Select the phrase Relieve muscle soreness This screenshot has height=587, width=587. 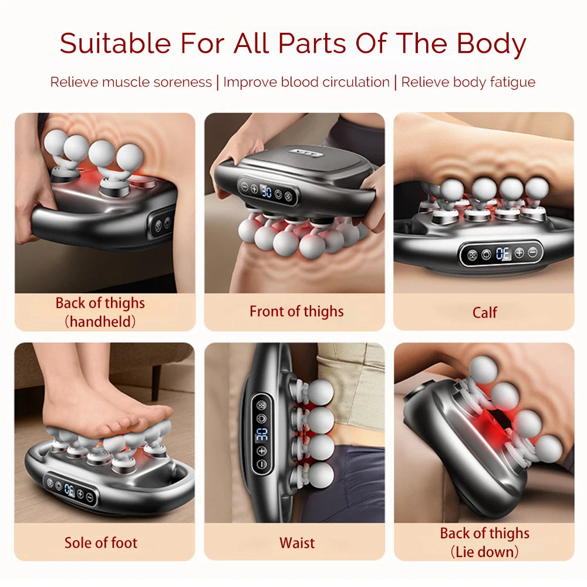click(x=130, y=82)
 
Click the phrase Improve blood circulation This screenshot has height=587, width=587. click(x=306, y=82)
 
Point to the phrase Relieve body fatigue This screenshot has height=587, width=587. click(x=468, y=82)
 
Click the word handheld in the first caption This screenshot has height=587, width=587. click(x=100, y=321)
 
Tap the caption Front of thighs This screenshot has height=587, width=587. click(x=296, y=311)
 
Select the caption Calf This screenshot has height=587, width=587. click(x=484, y=312)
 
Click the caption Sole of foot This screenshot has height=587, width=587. click(x=101, y=542)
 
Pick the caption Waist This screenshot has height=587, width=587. click(x=297, y=542)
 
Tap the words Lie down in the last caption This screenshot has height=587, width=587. click(x=485, y=552)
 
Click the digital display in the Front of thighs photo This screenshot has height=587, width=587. click(x=266, y=191)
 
